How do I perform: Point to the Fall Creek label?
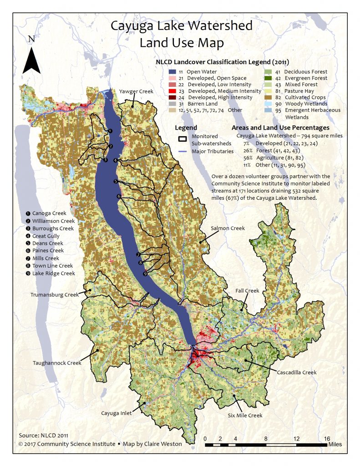[247, 290]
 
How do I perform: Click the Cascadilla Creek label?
[296, 372]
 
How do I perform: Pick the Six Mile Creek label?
[245, 415]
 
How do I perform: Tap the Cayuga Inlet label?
[117, 413]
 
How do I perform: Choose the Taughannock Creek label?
[57, 363]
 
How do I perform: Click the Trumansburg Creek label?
[55, 294]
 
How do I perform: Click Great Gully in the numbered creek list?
[46, 236]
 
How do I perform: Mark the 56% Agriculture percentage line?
[267, 155]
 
